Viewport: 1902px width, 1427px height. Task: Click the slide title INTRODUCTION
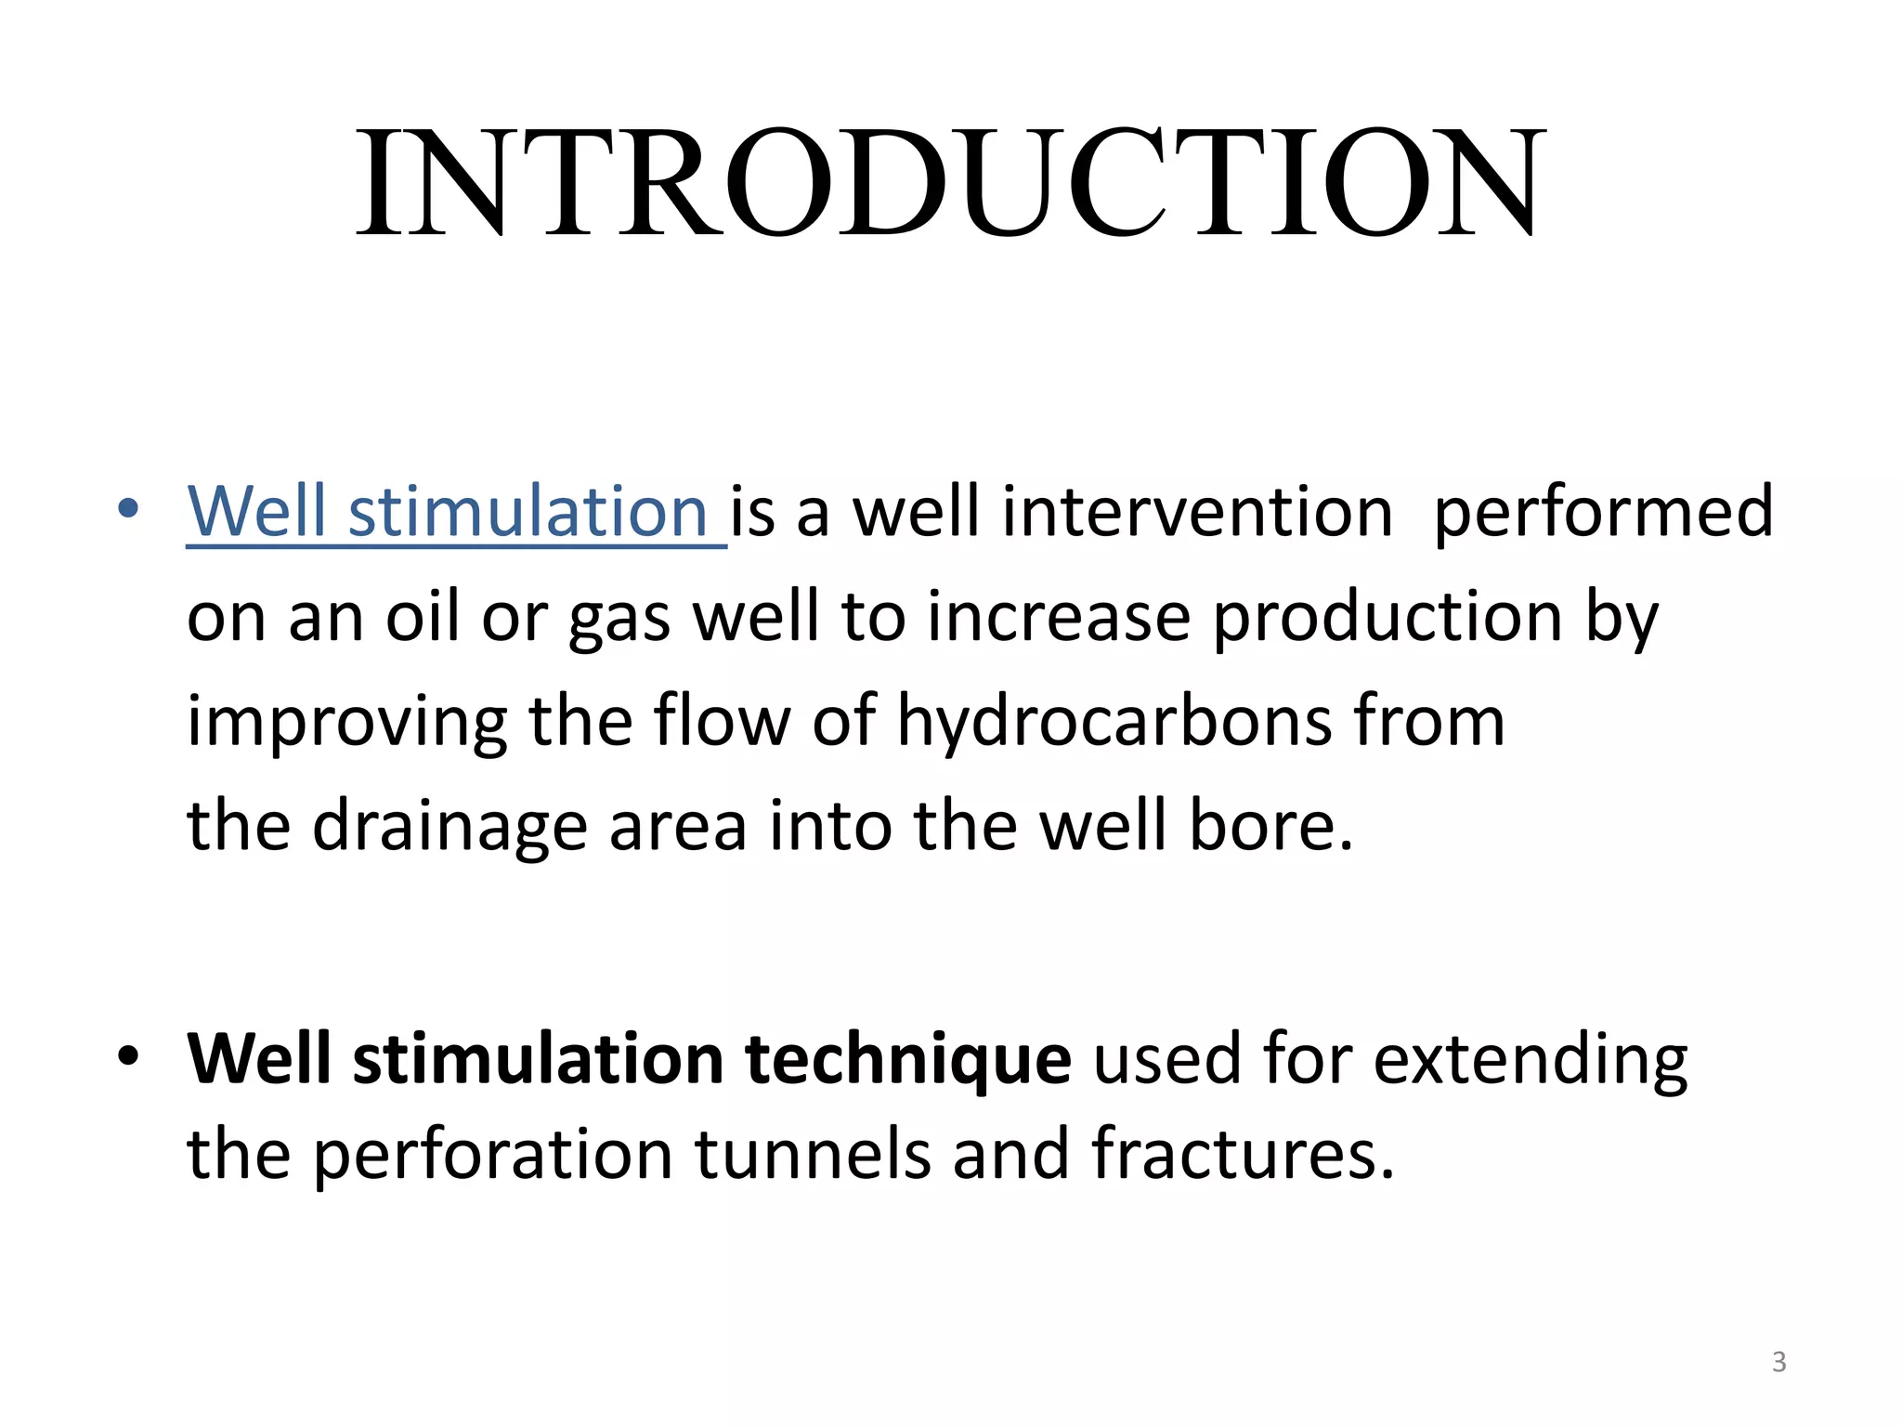[950, 183]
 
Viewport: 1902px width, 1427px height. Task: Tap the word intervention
[1197, 512]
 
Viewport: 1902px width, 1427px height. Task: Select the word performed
[1604, 512]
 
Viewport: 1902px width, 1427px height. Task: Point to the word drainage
[449, 827]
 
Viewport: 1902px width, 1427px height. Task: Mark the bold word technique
[908, 1060]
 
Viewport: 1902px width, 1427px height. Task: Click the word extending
[1531, 1060]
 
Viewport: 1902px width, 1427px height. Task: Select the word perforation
[492, 1156]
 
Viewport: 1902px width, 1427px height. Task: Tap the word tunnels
[814, 1154]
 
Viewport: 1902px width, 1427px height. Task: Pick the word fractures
[1243, 1154]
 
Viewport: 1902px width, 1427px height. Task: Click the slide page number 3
[1778, 1362]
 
